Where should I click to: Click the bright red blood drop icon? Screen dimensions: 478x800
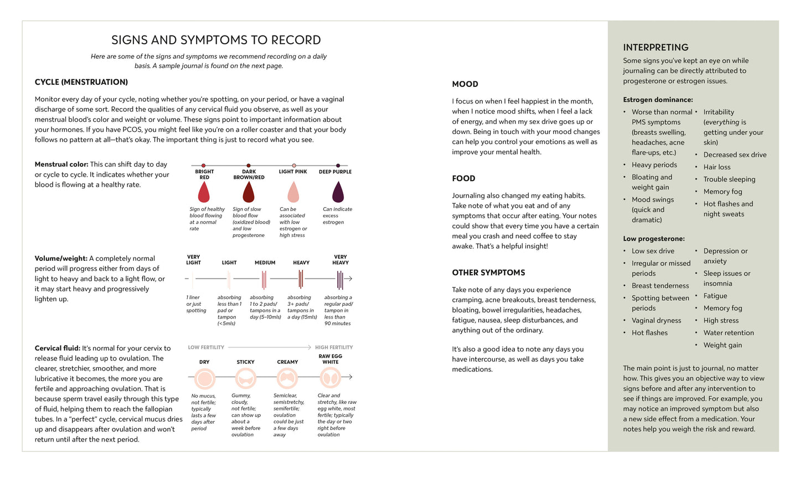pos(204,193)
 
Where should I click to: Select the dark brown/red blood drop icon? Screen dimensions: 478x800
pos(249,193)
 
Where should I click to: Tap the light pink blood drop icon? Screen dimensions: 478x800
pos(293,193)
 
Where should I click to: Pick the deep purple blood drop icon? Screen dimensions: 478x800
pos(338,192)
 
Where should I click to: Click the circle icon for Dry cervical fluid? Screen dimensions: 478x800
pos(205,379)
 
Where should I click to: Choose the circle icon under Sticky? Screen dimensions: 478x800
pos(245,379)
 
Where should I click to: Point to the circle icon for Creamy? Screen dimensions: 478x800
pos(287,379)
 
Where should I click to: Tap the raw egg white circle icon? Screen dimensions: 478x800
pos(331,378)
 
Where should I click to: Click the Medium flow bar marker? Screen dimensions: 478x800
pos(264,279)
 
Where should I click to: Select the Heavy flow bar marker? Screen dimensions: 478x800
pos(301,279)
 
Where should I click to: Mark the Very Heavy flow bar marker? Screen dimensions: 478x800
pos(340,279)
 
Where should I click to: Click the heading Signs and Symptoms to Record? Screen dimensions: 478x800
pos(216,40)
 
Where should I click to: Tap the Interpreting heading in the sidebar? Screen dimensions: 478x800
pos(656,48)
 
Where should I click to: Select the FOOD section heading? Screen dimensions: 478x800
pos(463,178)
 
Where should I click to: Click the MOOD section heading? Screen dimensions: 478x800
pos(465,84)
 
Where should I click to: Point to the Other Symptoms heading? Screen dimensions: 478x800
pos(488,273)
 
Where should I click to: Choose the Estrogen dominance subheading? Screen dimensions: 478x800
pos(658,100)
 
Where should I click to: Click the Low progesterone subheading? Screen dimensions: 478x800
pos(654,239)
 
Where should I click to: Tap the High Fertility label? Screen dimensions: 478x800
pos(334,347)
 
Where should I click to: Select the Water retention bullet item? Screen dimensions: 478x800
pos(729,333)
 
